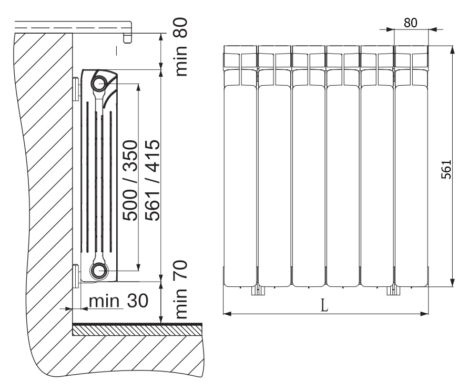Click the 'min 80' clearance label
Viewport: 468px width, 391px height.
click(181, 47)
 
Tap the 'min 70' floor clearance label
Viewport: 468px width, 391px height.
click(181, 290)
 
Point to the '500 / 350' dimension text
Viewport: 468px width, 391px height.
click(130, 181)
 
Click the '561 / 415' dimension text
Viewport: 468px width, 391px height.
click(152, 180)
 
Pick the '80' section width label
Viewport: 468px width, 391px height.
click(410, 23)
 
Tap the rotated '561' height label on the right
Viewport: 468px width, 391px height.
click(446, 169)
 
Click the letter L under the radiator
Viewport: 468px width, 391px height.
click(324, 305)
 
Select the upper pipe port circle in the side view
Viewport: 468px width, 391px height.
click(99, 84)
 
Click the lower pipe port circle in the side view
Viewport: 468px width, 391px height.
click(99, 271)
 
